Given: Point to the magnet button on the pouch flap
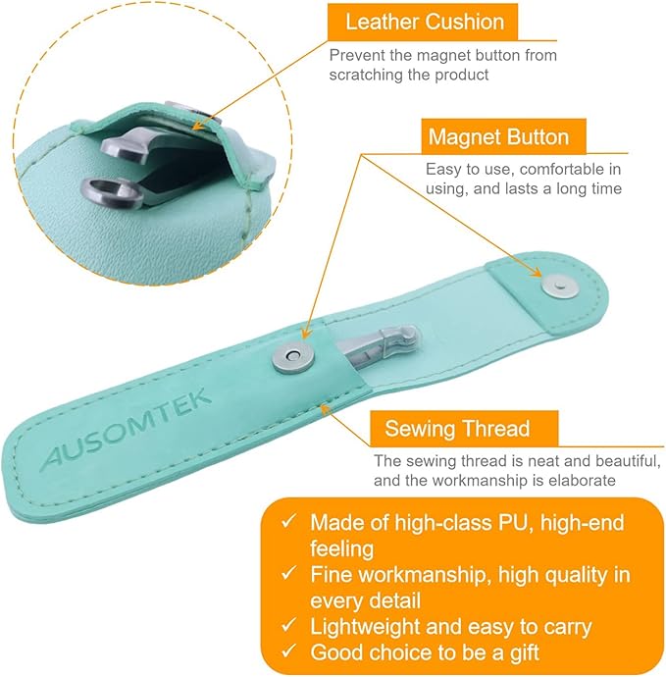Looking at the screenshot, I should click(x=559, y=285).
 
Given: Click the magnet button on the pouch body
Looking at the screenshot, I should click(x=289, y=356).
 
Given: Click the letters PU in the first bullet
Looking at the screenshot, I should click(x=529, y=522).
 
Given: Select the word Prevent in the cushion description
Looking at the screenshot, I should click(x=357, y=55).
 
